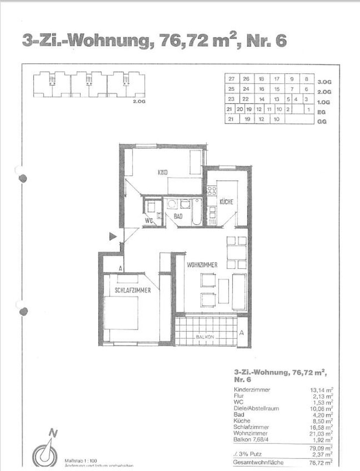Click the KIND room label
click(163, 172)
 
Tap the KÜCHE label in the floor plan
click(226, 202)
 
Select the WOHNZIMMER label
click(202, 265)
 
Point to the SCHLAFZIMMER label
click(133, 290)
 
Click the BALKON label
click(205, 338)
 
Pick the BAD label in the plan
click(178, 216)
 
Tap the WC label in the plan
click(150, 221)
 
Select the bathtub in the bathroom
click(196, 212)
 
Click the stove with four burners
click(213, 190)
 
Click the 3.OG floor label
click(325, 82)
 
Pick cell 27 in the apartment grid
click(231, 79)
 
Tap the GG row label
click(322, 122)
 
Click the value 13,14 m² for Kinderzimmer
click(321, 390)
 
